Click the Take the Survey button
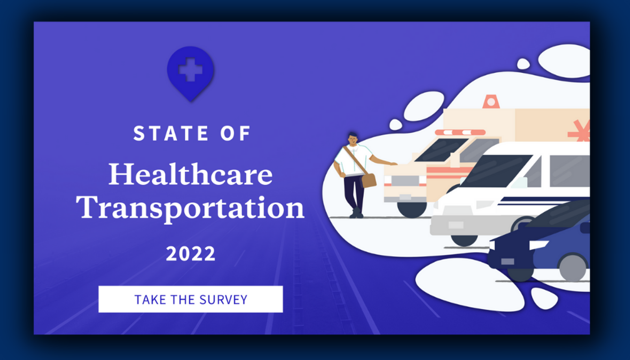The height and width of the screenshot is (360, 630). tap(191, 299)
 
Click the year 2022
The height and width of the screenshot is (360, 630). tap(191, 254)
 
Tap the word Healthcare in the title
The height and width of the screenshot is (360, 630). tap(191, 174)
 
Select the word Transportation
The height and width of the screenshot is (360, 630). tap(191, 207)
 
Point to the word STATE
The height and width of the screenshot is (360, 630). tap(171, 134)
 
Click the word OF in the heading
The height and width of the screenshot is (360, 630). tap(235, 134)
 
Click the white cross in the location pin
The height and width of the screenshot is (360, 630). tap(191, 70)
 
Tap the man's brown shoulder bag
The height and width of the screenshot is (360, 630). tap(369, 180)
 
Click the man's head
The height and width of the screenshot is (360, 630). tap(352, 139)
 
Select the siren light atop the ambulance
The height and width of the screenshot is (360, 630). tap(491, 102)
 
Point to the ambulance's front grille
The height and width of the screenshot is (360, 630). tap(405, 181)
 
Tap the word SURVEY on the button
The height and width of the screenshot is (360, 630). tap(223, 300)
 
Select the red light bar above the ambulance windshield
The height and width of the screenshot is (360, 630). tap(460, 132)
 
